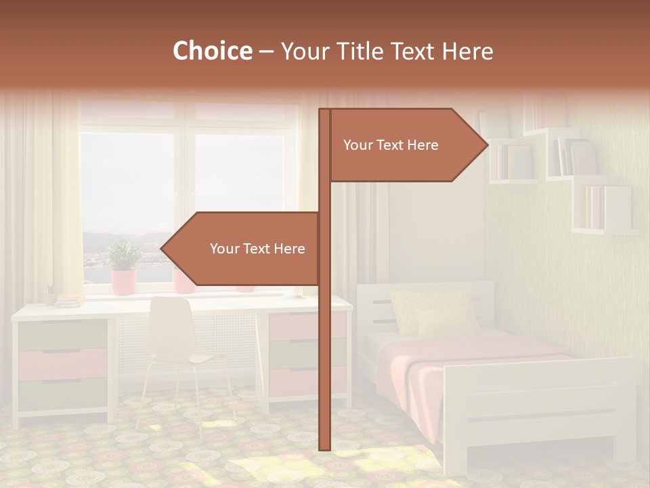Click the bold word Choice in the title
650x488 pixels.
tap(212, 52)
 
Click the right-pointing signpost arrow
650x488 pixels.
tap(406, 145)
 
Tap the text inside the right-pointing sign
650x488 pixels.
tap(391, 145)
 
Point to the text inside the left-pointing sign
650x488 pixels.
tap(257, 249)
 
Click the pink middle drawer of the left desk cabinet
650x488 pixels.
tap(62, 364)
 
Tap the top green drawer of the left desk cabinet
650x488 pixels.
tap(62, 334)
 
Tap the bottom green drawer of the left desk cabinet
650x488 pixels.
tap(62, 394)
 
